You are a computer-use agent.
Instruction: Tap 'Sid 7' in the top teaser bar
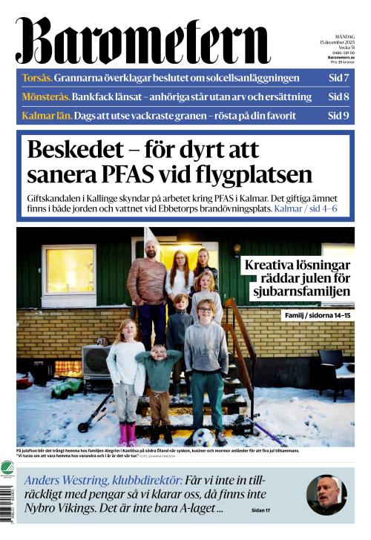(x=338, y=77)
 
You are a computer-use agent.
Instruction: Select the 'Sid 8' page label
(x=338, y=96)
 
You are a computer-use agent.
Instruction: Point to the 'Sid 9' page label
(x=338, y=116)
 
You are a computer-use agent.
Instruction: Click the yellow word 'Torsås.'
(x=36, y=77)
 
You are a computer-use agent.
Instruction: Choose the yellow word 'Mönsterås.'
(x=46, y=96)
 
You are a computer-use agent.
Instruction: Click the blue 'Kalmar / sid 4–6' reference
(x=306, y=209)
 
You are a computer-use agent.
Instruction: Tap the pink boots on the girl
(x=126, y=433)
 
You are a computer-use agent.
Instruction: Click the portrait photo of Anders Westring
(x=326, y=493)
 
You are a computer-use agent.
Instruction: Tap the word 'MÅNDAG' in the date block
(x=344, y=36)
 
